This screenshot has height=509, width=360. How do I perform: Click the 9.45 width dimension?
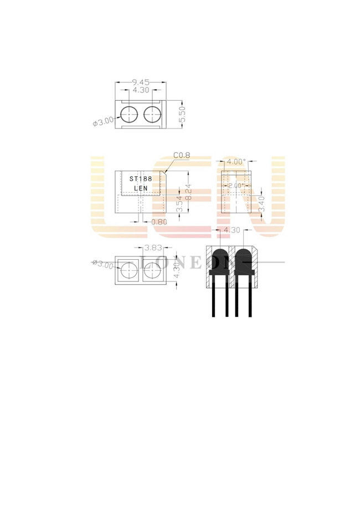[141, 82]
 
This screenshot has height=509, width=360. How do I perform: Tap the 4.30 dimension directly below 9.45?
[141, 89]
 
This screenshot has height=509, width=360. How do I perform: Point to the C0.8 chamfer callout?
[181, 156]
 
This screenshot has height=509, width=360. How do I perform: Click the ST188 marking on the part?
[141, 179]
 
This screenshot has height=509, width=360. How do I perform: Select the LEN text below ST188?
[141, 188]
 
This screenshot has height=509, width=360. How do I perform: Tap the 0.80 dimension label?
[159, 222]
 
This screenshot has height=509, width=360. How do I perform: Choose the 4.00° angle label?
[236, 162]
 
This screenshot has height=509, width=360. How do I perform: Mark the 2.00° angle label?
[235, 186]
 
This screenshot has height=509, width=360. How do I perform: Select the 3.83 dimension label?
[152, 248]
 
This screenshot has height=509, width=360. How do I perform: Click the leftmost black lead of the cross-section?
[213, 299]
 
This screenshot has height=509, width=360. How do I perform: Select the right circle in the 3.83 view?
[152, 271]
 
